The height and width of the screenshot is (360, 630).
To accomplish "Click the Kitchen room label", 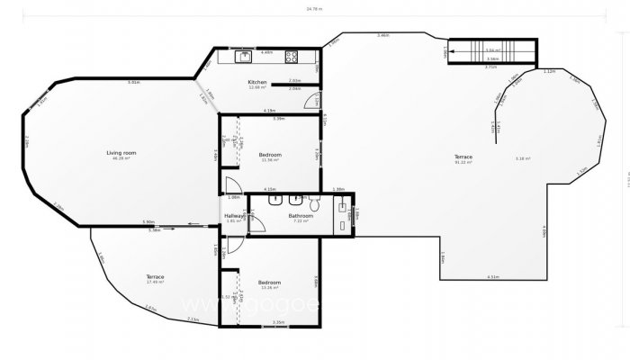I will point(256,82).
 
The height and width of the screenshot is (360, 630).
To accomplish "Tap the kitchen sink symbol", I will point(244,57).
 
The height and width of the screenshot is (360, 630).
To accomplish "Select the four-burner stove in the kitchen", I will point(292,57).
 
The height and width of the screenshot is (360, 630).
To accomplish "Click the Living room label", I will point(121,153).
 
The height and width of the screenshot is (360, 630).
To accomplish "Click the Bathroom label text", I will point(301,215).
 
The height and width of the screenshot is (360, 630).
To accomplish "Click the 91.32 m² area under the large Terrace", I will point(463,162).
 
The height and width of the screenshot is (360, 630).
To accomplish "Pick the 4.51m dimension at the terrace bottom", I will point(493,276).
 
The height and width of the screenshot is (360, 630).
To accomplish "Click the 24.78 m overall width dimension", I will point(313,9).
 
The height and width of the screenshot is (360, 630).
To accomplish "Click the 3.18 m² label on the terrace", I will point(522,158).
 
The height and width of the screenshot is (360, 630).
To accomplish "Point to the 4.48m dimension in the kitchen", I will point(266,52).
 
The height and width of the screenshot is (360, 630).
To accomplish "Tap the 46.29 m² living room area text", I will point(121,158).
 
